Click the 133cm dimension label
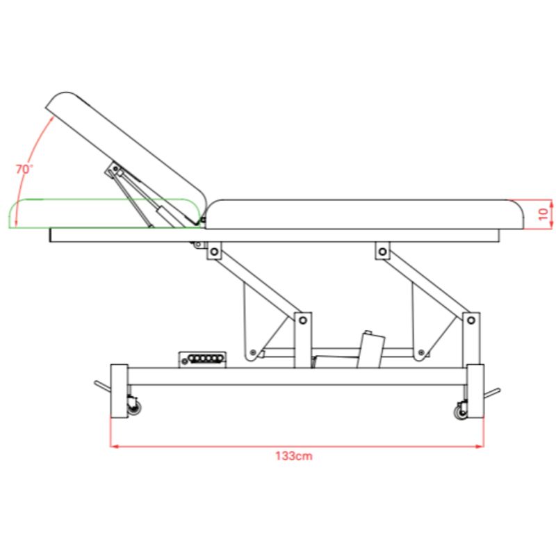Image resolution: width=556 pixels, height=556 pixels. point(294,456)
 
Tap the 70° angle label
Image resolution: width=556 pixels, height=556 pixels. point(24,169)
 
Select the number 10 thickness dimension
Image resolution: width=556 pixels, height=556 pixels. point(543,214)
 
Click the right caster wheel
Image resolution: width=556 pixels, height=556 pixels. point(461,412)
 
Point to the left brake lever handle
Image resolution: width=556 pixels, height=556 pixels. point(102,386)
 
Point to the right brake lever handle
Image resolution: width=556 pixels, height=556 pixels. point(492,393)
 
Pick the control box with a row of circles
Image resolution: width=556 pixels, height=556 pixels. point(202,359)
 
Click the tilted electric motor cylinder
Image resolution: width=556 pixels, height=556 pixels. point(371,350)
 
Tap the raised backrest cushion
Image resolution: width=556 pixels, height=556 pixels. point(126,158)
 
